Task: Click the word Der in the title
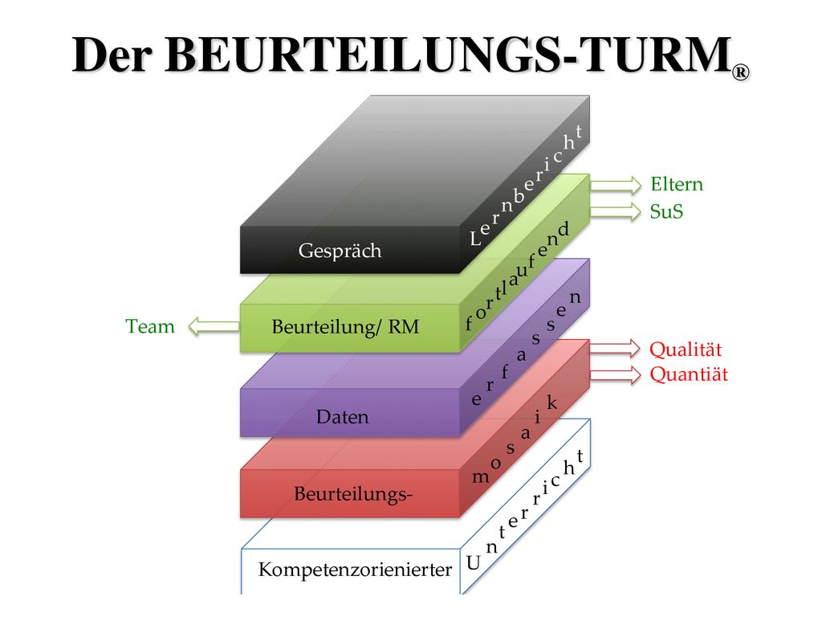(112, 55)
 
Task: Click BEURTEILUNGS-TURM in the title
(448, 55)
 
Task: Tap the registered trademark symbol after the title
(741, 72)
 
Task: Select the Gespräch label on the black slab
(340, 251)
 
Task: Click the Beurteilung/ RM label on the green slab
(345, 327)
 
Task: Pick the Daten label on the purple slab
(342, 417)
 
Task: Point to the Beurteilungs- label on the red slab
(353, 494)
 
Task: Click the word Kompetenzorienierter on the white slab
(355, 570)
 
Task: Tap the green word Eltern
(677, 184)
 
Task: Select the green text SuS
(666, 211)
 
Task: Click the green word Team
(150, 326)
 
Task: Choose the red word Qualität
(686, 349)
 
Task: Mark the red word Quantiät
(689, 374)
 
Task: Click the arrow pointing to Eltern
(616, 185)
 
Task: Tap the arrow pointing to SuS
(616, 211)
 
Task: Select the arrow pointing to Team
(214, 326)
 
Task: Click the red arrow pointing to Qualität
(616, 349)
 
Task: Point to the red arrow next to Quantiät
(616, 374)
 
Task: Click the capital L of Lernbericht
(475, 239)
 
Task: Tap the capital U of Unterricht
(474, 563)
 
